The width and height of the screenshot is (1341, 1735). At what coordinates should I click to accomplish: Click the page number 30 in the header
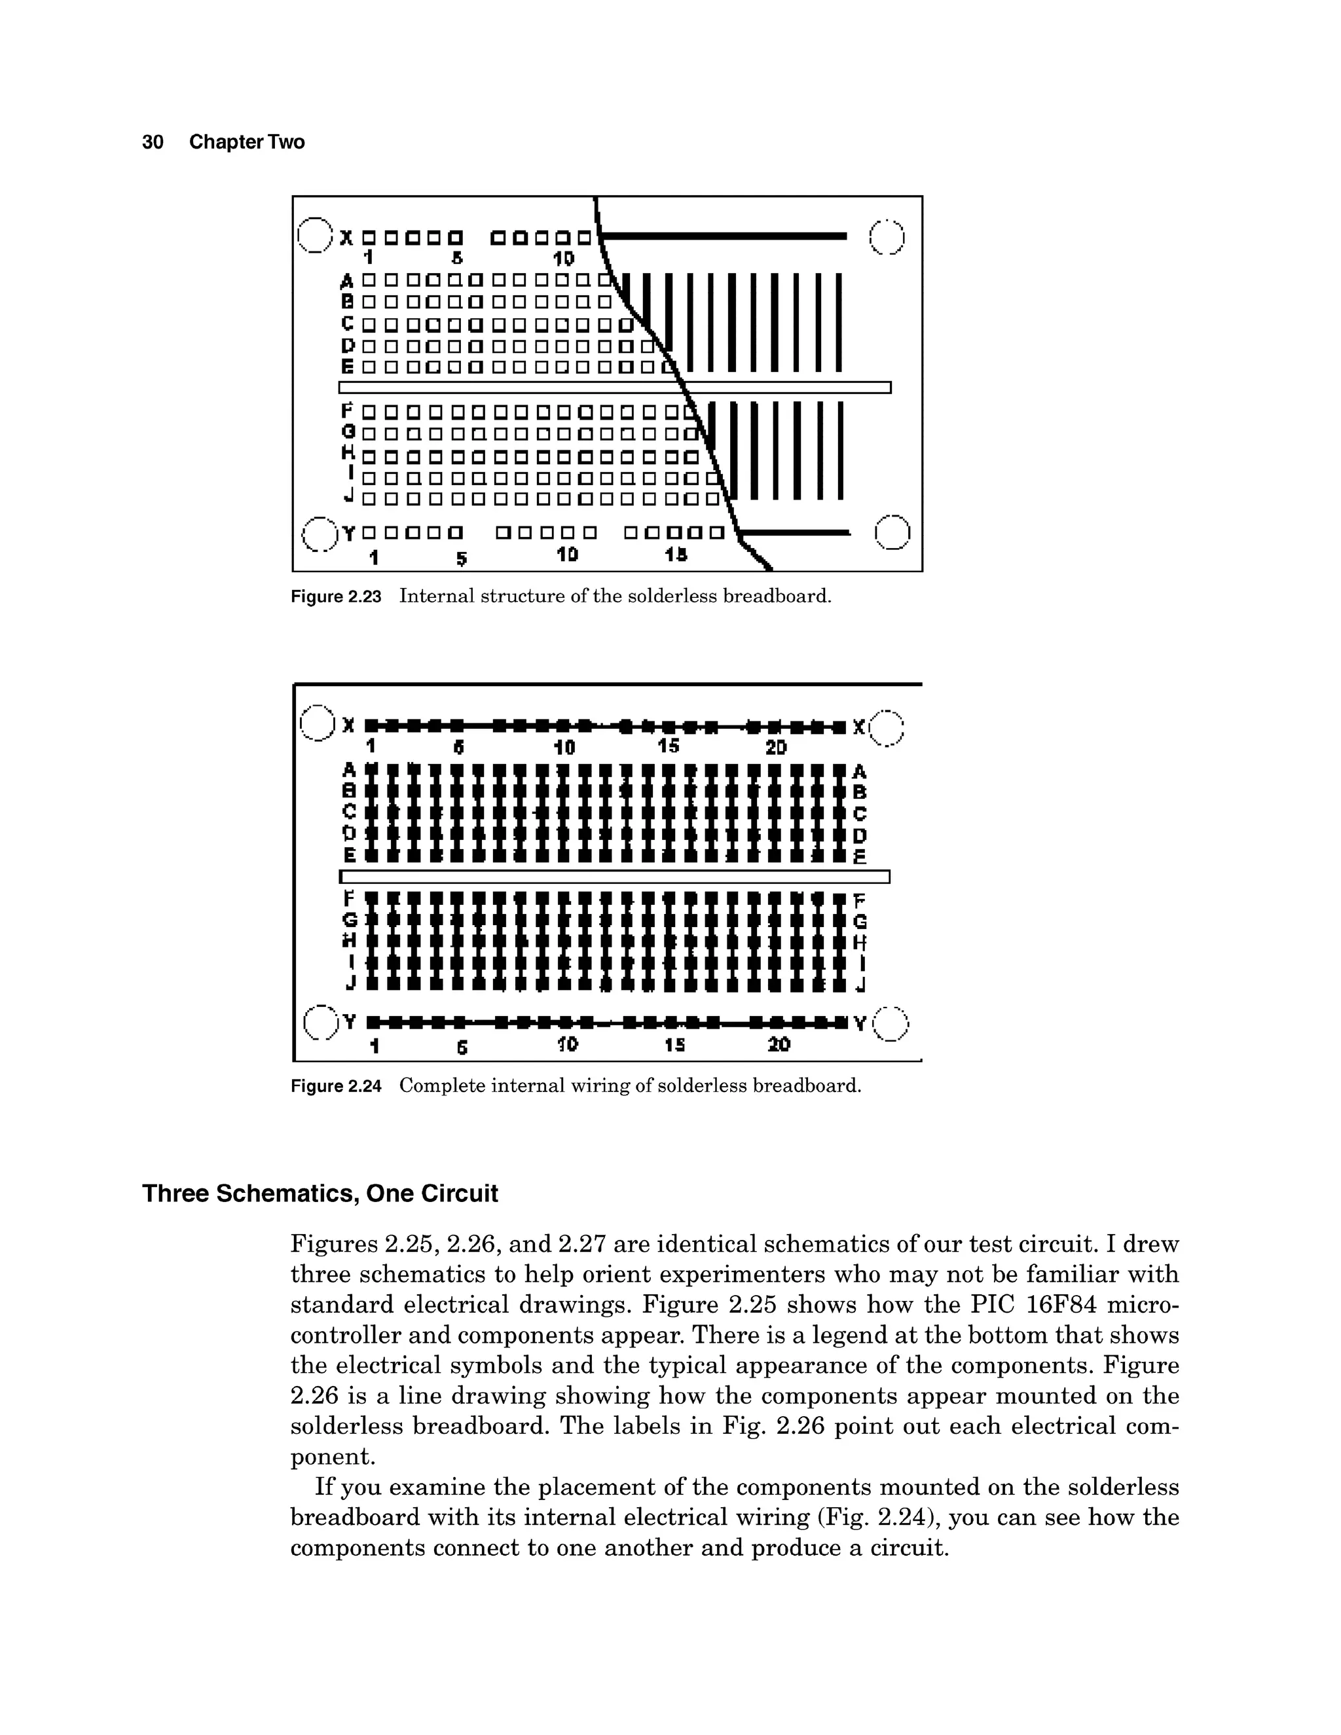(x=153, y=142)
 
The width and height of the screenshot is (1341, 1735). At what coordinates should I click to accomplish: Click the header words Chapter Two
(x=246, y=142)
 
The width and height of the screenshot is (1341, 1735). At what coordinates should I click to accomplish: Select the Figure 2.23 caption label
(x=336, y=596)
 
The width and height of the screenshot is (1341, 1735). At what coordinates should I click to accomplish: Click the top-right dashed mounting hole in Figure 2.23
(x=887, y=237)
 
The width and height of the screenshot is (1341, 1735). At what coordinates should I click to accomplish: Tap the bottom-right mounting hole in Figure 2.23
(x=892, y=532)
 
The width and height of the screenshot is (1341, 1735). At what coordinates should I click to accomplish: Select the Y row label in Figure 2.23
(x=348, y=533)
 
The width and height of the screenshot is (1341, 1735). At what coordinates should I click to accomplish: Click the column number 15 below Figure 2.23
(x=676, y=555)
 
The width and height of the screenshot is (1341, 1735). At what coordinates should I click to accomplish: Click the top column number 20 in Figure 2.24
(x=775, y=748)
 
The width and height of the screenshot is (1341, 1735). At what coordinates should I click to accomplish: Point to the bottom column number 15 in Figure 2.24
(x=674, y=1046)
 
